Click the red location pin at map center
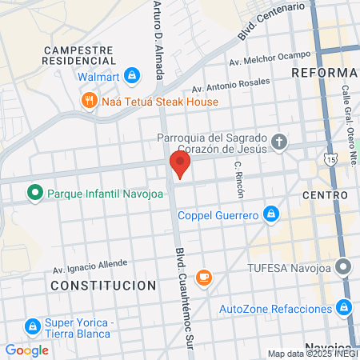(x=180, y=165)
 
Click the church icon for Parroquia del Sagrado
(x=278, y=143)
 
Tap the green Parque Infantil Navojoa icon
(x=34, y=193)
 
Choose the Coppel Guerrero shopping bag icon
(x=271, y=214)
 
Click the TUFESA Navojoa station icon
(x=344, y=266)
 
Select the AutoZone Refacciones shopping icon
(x=344, y=307)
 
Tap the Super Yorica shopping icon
(x=33, y=326)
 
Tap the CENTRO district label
(x=325, y=195)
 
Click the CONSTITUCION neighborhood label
(x=103, y=285)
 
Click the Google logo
(x=26, y=350)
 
